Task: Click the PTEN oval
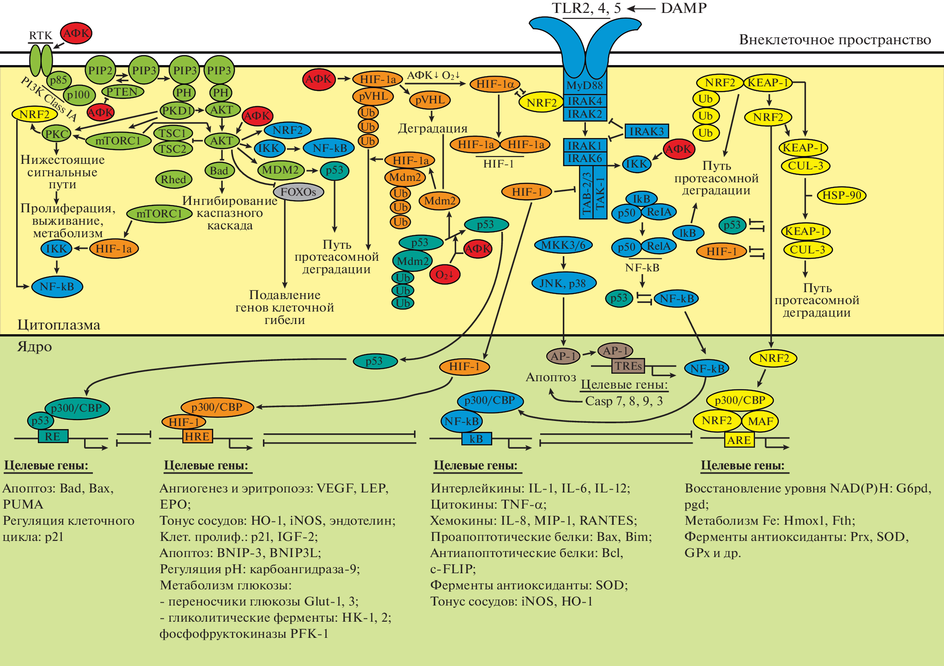(122, 92)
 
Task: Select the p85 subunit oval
(59, 80)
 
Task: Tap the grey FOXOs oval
(298, 192)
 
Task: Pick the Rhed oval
(173, 180)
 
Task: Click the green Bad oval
(219, 171)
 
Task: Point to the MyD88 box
(585, 85)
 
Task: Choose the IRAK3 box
(646, 132)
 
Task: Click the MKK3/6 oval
(563, 245)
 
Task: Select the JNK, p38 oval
(563, 283)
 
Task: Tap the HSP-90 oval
(841, 195)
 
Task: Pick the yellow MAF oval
(760, 421)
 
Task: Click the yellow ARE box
(739, 440)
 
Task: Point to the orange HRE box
(197, 437)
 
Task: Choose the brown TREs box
(628, 366)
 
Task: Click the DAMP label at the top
(683, 8)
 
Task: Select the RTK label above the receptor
(41, 36)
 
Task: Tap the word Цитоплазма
(59, 325)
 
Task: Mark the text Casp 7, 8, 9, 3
(624, 401)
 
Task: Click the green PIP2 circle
(100, 71)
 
